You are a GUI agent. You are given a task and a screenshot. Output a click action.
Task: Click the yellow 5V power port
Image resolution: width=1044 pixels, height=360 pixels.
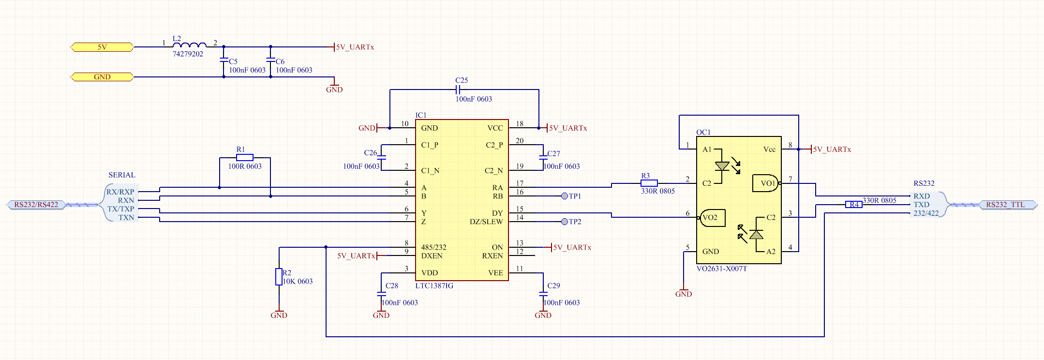102,47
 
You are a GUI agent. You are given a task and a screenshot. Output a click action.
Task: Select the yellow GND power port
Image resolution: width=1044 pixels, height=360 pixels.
102,77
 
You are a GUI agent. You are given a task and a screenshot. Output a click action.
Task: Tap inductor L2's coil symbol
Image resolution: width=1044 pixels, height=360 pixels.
189,45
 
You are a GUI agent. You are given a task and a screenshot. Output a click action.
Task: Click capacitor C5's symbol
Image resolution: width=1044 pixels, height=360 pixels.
224,60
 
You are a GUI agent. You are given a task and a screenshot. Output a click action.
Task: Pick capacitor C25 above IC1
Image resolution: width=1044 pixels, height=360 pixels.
458,90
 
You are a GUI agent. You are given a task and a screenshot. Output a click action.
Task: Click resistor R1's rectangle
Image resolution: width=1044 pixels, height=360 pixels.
245,157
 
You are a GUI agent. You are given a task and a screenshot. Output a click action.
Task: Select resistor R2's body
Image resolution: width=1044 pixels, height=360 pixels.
279,277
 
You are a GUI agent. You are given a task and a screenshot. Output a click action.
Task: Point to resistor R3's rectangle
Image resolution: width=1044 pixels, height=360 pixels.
649,183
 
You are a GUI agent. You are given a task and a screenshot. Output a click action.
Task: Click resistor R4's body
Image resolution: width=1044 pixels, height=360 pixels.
854,205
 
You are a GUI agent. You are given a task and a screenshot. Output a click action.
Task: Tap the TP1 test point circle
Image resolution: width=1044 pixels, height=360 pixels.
565,196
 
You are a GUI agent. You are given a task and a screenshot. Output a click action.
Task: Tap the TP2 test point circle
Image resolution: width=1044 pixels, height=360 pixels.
565,222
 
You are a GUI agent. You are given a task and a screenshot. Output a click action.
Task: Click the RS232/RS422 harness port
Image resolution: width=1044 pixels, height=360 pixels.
36,205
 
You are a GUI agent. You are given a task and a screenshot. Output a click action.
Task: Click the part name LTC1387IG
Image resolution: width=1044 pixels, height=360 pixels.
434,286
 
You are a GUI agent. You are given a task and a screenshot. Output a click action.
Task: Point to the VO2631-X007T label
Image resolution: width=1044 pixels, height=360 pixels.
722,269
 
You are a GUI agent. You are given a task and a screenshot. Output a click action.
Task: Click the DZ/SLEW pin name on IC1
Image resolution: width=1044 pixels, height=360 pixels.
486,222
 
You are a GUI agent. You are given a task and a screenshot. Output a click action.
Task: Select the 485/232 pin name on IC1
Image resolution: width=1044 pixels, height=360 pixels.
433,247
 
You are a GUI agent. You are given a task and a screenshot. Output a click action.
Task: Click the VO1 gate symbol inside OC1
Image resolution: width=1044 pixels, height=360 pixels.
765,183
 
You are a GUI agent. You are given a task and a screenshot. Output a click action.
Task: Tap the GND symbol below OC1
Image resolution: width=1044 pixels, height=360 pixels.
684,291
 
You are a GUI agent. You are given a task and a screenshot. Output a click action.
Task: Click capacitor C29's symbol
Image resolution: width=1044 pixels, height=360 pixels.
543,294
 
